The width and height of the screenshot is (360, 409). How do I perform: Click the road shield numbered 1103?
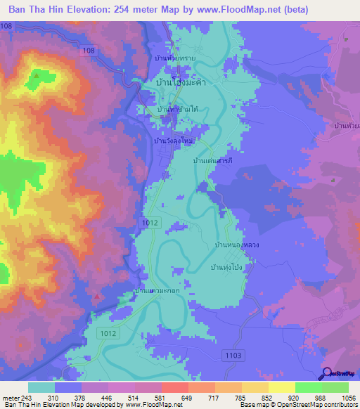[x=233, y=357]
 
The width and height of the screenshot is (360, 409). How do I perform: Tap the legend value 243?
[x=24, y=398]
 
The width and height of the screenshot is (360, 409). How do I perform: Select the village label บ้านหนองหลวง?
[x=237, y=245]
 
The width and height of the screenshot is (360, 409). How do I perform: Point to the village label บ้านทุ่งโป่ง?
[x=227, y=268]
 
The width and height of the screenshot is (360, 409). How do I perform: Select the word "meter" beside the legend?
[x=11, y=398]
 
